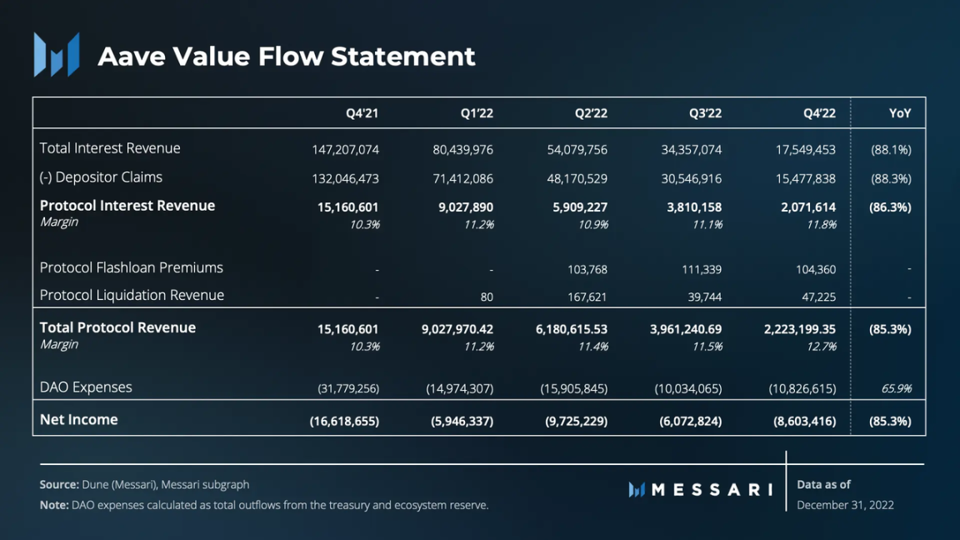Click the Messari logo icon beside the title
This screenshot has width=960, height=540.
[57, 55]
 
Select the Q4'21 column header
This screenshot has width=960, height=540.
[362, 113]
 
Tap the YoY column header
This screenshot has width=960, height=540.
[899, 113]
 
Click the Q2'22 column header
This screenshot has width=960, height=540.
[591, 113]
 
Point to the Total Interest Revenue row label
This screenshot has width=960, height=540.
[110, 148]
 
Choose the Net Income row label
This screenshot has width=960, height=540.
[79, 420]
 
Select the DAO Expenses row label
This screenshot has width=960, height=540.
[86, 387]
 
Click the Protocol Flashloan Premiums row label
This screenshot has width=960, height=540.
[132, 267]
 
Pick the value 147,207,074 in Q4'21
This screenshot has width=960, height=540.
[345, 150]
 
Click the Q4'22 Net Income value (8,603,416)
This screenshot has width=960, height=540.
[804, 422]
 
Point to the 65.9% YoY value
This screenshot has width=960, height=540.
[897, 388]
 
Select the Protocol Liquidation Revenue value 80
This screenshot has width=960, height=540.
[487, 297]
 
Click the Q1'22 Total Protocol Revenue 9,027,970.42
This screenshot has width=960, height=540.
[457, 330]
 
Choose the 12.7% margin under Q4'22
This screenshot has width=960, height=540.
[821, 347]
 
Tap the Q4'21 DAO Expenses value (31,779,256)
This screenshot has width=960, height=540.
[348, 389]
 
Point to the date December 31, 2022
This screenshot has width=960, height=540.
[845, 505]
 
